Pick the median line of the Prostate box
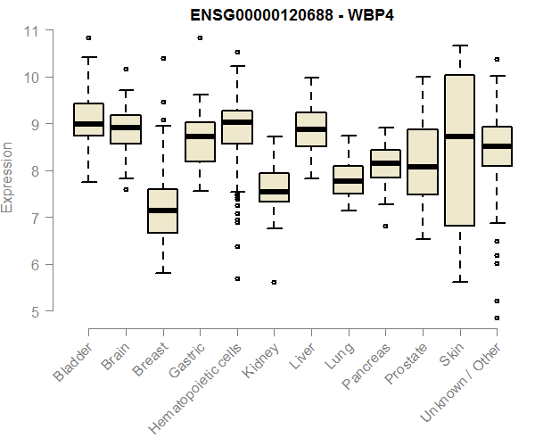click(423, 167)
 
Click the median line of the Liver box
click(311, 129)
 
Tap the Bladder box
click(88, 120)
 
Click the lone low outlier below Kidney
click(274, 282)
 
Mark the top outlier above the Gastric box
click(200, 37)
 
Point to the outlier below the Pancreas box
click(385, 227)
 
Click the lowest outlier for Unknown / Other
click(497, 318)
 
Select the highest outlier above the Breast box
click(162, 58)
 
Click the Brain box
click(125, 129)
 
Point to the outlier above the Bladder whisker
click(88, 37)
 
